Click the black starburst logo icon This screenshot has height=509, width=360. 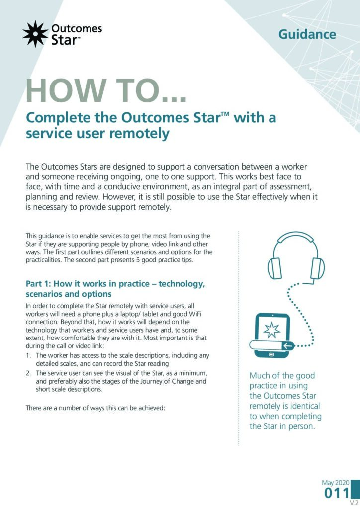pyautogui.click(x=35, y=34)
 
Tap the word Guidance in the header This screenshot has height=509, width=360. pyautogui.click(x=307, y=34)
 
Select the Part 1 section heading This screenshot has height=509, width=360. pyautogui.click(x=115, y=289)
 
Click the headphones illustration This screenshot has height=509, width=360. pyautogui.click(x=296, y=256)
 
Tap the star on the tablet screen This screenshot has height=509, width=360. pyautogui.click(x=271, y=330)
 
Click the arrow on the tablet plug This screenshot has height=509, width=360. pyautogui.click(x=287, y=346)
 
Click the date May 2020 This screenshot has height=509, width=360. pyautogui.click(x=336, y=483)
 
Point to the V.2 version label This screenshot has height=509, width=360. pyautogui.click(x=354, y=503)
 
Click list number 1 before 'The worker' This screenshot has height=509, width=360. pyautogui.click(x=28, y=356)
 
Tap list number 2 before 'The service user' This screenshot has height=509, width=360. pyautogui.click(x=28, y=373)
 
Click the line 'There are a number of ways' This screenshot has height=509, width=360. pyautogui.click(x=96, y=408)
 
